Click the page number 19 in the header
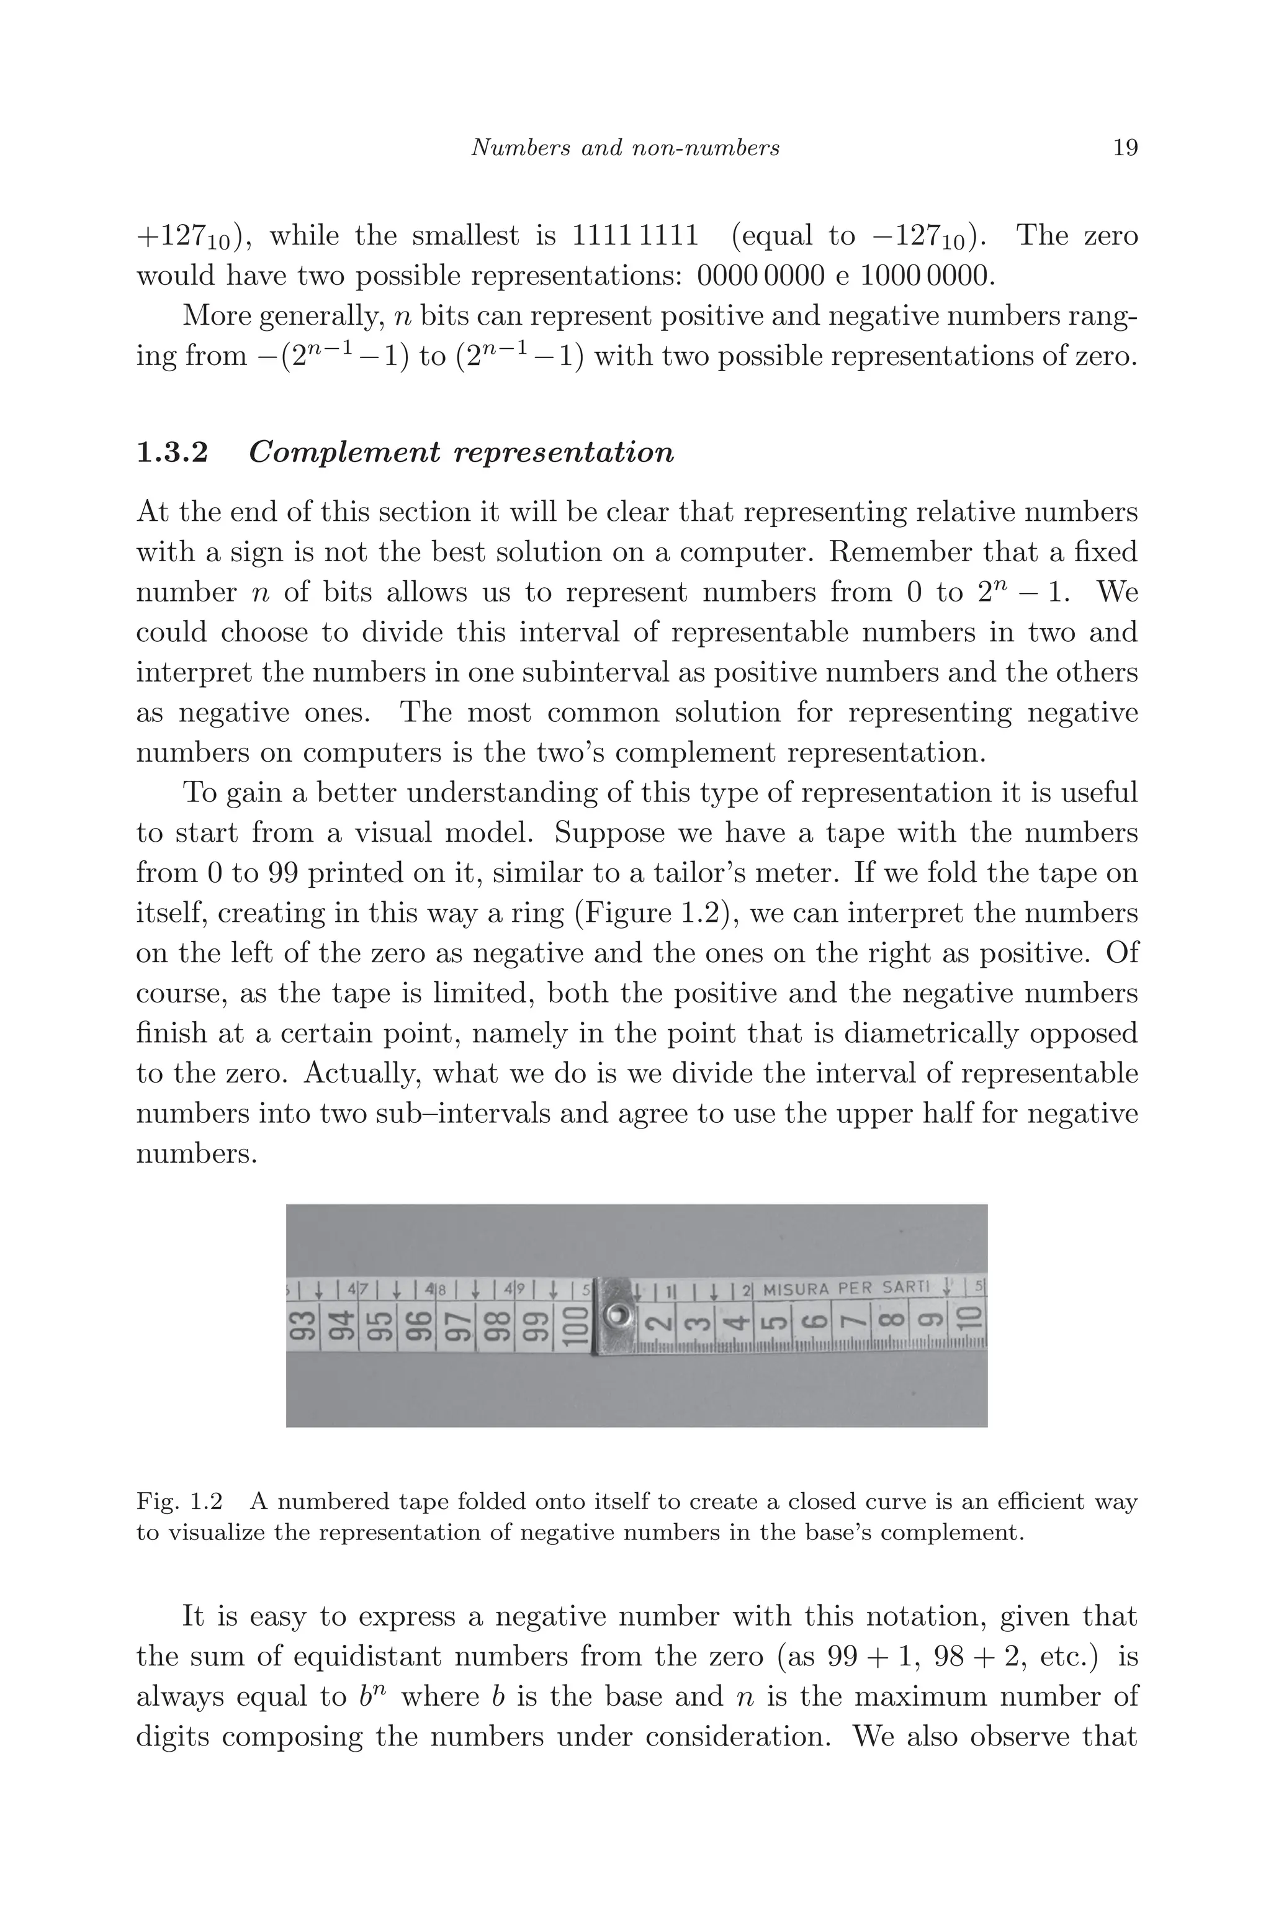[x=1125, y=148]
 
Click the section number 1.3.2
[x=172, y=452]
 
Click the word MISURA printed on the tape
[x=796, y=1288]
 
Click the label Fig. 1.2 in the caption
[x=179, y=1502]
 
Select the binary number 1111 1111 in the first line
[x=635, y=236]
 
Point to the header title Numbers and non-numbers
[x=625, y=148]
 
